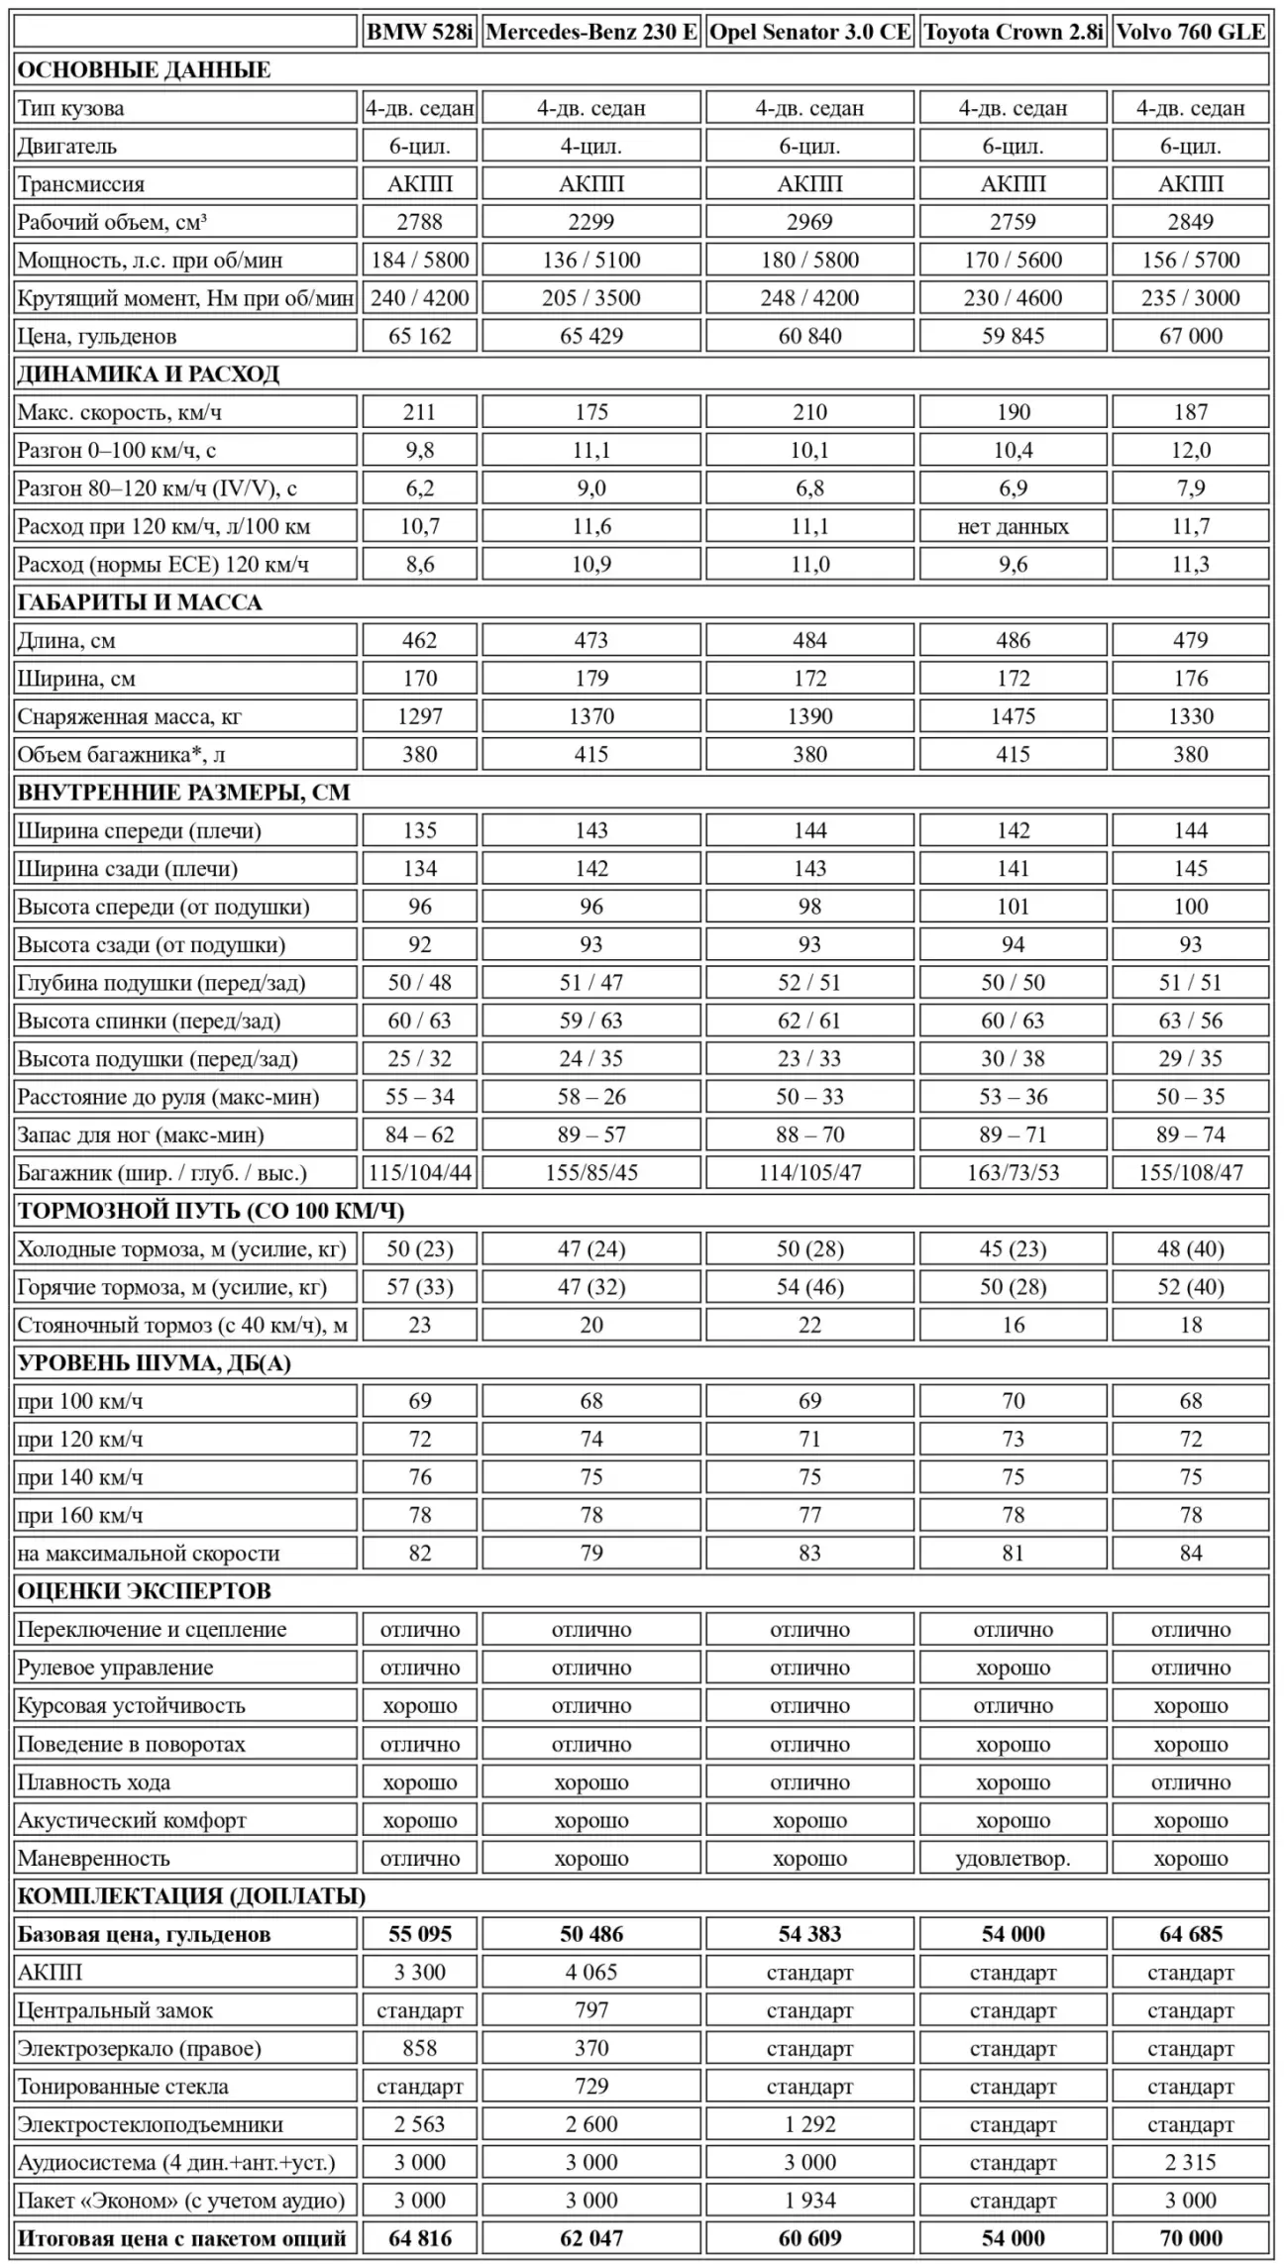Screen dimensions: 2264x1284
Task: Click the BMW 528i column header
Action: coord(419,32)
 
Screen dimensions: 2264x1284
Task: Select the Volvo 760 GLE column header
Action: coord(1190,32)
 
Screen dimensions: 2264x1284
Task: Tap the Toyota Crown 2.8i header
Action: coord(1013,32)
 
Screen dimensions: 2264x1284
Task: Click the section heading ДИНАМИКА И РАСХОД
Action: coord(149,374)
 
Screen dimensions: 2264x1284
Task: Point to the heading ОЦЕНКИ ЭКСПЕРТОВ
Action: coord(145,1591)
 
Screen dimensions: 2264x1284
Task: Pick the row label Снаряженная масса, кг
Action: coord(129,716)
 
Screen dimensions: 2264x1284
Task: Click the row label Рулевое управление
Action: coord(115,1668)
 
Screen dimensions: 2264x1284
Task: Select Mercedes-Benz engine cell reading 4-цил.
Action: coord(591,146)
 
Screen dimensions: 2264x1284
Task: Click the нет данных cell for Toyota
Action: coord(1013,526)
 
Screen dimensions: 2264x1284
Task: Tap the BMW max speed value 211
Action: coord(419,412)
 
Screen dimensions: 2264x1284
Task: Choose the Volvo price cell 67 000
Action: coord(1190,336)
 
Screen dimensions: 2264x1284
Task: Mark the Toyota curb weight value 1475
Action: coord(1013,716)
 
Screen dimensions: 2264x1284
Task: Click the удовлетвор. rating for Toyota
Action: coord(1013,1858)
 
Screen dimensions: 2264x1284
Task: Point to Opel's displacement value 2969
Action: coord(809,222)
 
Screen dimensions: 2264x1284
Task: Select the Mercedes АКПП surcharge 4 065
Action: coord(591,1972)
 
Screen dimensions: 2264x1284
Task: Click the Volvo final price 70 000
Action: coord(1190,2238)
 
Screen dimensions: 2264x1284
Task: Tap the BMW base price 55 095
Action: coord(419,1934)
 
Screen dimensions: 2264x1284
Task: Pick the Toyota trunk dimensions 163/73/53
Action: coord(1013,1173)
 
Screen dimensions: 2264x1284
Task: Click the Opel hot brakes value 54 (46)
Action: coord(809,1287)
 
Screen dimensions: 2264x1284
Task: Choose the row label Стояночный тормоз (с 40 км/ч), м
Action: coord(182,1325)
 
